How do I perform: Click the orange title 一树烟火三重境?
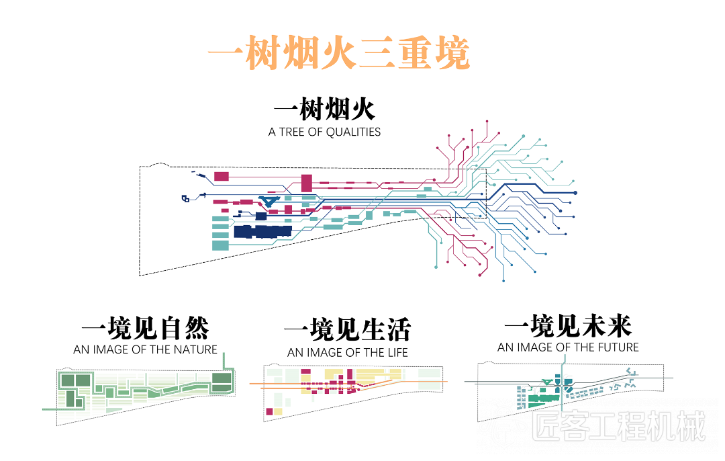(339, 53)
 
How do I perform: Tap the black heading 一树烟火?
(325, 110)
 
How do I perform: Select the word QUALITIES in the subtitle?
(353, 132)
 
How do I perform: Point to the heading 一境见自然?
(145, 328)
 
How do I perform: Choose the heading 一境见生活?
(348, 330)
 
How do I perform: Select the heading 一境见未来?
(568, 326)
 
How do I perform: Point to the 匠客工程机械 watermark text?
(619, 426)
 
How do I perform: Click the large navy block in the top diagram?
(262, 231)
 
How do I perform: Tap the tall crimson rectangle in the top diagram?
(307, 183)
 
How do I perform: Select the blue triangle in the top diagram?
(269, 201)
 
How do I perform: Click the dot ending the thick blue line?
(575, 193)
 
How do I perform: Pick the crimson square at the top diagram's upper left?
(222, 176)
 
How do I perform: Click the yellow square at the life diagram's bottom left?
(278, 411)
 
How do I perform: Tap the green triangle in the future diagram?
(547, 382)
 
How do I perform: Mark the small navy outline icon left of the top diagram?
(185, 198)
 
